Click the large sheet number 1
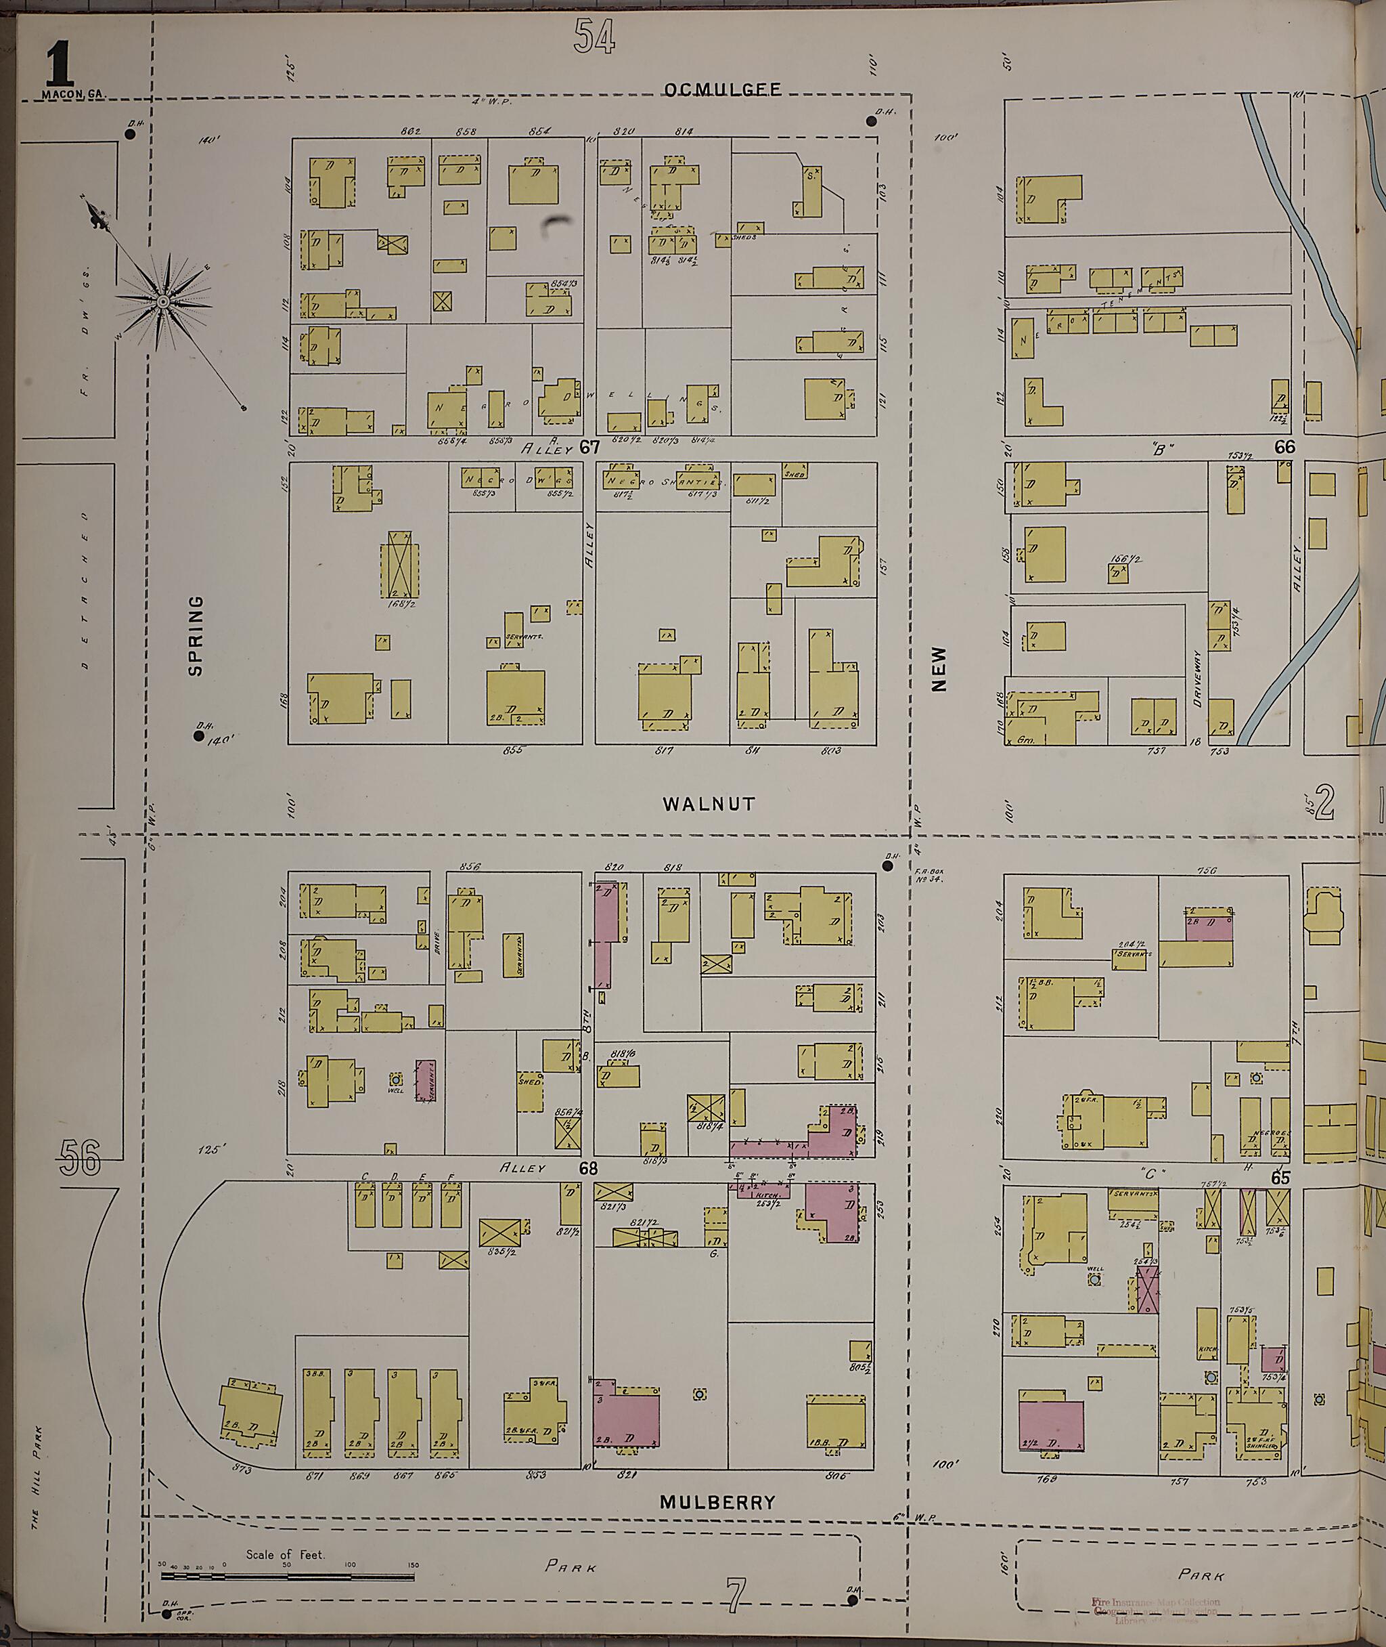60,64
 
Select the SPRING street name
196,635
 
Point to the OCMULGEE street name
722,89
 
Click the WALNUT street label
709,803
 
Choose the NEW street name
939,668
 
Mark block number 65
1280,1178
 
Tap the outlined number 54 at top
594,36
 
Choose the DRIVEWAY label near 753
1197,678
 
